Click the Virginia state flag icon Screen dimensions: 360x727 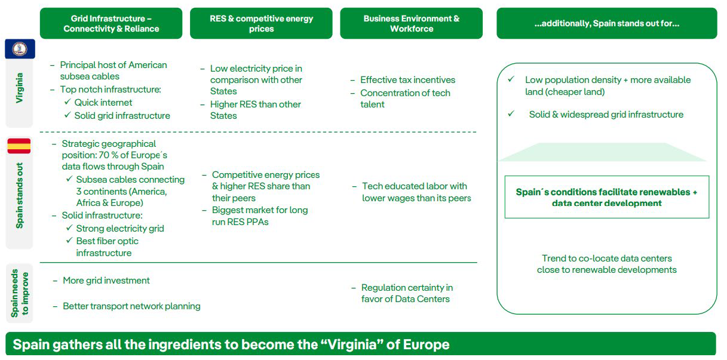[20, 48]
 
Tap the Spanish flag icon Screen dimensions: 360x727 [19, 146]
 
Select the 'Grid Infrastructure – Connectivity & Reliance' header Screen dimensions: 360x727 [111, 23]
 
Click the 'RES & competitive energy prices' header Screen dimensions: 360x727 [261, 23]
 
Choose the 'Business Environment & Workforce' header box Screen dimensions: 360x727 [411, 23]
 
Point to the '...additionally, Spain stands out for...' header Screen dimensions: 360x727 [606, 23]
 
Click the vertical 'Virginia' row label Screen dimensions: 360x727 [20, 88]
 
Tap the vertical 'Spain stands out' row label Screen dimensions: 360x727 [20, 195]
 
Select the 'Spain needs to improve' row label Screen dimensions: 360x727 [20, 293]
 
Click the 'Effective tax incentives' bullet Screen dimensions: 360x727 [407, 80]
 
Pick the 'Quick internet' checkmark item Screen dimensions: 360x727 [103, 102]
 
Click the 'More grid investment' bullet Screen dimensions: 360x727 [106, 281]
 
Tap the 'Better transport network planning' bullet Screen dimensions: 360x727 [131, 306]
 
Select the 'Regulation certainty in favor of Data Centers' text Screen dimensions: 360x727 [407, 293]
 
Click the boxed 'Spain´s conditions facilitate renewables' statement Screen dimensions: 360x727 [606, 198]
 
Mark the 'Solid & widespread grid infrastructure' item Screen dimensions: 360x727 [606, 115]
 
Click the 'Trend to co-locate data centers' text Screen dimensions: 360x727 [606, 259]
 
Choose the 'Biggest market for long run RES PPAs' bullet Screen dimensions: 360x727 [260, 216]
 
